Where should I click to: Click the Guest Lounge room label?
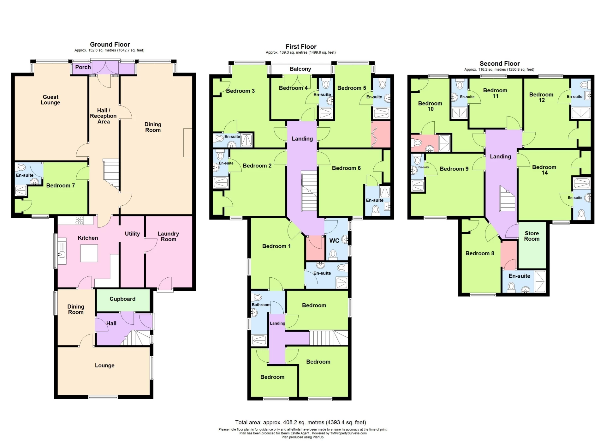point(50,100)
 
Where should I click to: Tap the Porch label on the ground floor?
point(83,67)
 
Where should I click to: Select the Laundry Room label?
point(168,236)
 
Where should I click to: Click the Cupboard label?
point(122,299)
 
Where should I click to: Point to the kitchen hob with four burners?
point(80,220)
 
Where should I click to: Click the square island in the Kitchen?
point(89,253)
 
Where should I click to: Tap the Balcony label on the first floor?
point(300,69)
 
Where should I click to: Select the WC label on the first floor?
point(334,240)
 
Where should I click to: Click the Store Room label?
point(532,236)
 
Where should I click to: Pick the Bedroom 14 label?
point(544,170)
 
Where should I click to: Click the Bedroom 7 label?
point(60,185)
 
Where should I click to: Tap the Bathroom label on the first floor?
point(261,305)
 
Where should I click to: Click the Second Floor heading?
point(499,64)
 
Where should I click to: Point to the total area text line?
point(300,422)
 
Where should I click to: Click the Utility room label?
point(132,234)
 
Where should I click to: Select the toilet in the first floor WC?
point(333,254)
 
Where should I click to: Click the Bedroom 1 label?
point(276,246)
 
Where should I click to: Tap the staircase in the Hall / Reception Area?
point(111,174)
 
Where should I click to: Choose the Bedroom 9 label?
point(454,169)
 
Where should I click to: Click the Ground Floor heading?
point(110,45)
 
